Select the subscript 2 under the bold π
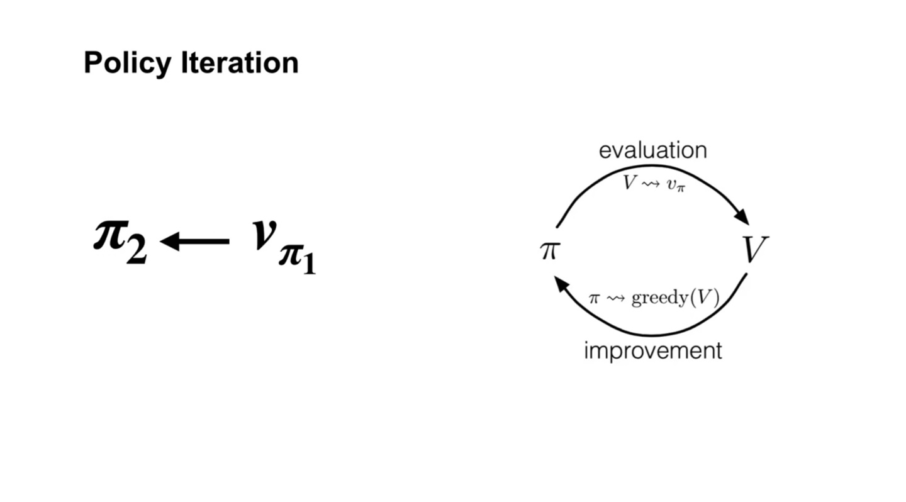136,251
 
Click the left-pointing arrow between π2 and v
195,241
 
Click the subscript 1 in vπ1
308,262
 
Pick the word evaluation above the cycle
652,150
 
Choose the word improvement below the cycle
652,350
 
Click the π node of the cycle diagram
549,250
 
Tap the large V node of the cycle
755,250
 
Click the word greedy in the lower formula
659,298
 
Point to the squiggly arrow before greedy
615,298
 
